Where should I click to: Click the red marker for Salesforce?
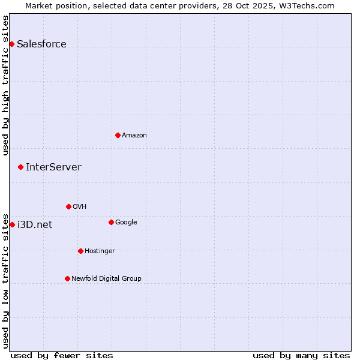click(11, 44)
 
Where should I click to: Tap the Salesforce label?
click(41, 44)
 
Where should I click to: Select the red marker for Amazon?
click(118, 135)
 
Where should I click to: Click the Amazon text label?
click(134, 136)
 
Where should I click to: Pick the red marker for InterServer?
click(20, 167)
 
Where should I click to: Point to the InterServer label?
click(53, 167)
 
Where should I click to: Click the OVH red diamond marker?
click(68, 206)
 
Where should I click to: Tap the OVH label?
click(80, 207)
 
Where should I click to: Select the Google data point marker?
click(111, 222)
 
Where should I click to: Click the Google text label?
click(126, 223)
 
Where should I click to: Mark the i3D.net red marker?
click(12, 224)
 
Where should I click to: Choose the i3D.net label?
click(35, 225)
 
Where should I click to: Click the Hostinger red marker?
click(80, 251)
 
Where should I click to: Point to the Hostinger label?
click(100, 251)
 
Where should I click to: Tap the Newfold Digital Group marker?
click(67, 278)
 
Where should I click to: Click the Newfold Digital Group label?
click(106, 279)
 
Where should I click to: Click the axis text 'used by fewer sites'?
click(62, 355)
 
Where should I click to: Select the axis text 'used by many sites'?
click(301, 355)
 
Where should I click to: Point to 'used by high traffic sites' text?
click(5, 85)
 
